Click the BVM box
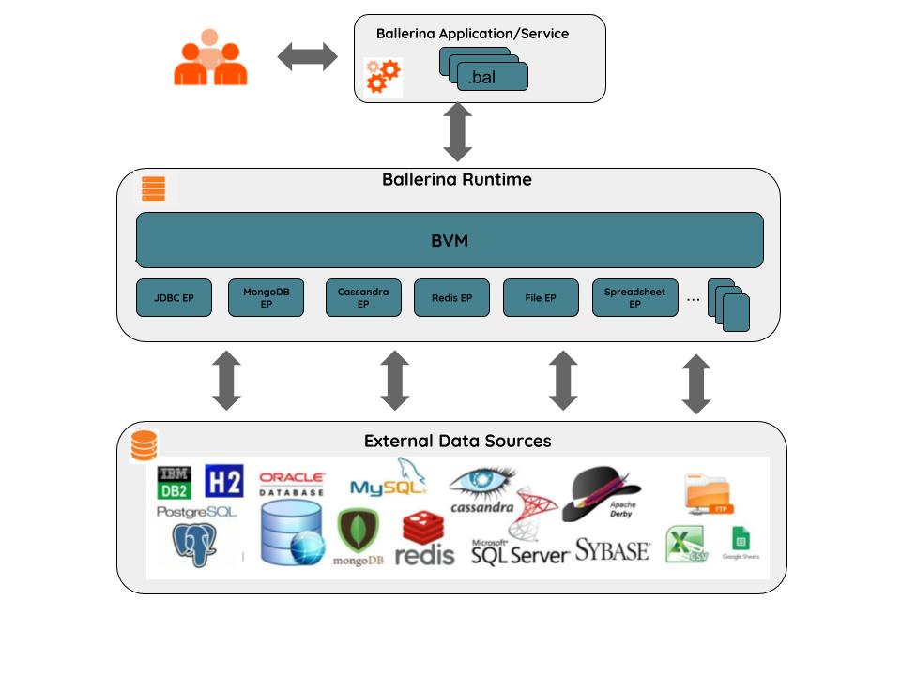(450, 240)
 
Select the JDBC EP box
(174, 298)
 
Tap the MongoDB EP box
(266, 298)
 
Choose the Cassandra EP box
(363, 298)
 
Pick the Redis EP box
(451, 298)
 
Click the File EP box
(541, 298)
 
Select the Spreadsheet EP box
(634, 298)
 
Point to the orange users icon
(210, 58)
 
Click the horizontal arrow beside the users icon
(308, 57)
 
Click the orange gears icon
(383, 76)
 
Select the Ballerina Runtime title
(456, 179)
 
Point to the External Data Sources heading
(457, 441)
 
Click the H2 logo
(223, 481)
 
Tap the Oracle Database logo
(292, 484)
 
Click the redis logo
(424, 540)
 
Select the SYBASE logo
(612, 549)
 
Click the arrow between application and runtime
(457, 132)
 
